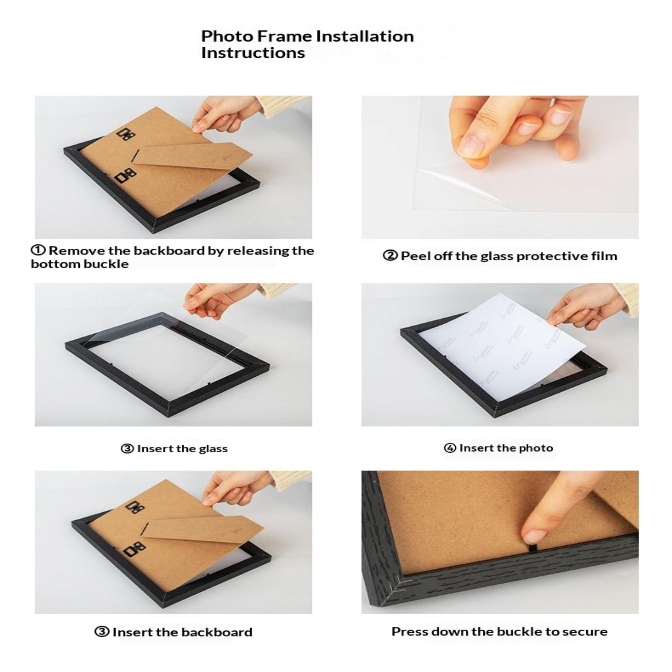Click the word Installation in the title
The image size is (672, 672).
point(365,36)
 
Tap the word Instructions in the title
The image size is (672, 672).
point(253,53)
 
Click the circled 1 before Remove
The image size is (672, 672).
point(38,250)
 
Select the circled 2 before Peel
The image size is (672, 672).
point(390,255)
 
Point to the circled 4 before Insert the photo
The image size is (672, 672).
point(450,448)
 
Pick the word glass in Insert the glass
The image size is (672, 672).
point(213,449)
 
